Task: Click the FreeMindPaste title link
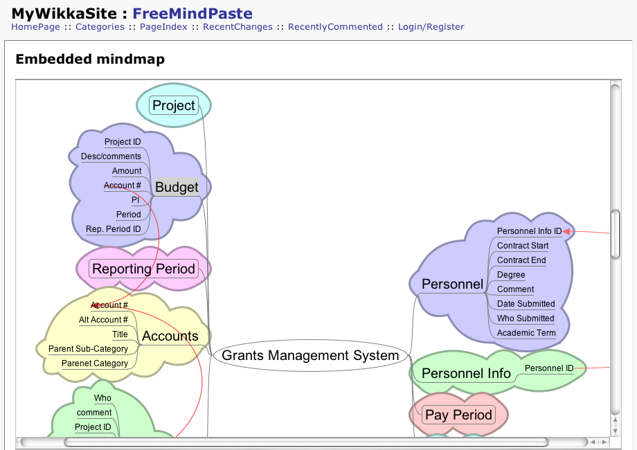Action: click(x=192, y=13)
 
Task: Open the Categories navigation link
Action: click(x=100, y=27)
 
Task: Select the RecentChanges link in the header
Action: click(x=237, y=27)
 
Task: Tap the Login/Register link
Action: click(x=431, y=27)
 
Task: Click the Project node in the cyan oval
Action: click(x=174, y=105)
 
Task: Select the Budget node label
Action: click(x=177, y=187)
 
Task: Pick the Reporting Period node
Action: click(x=144, y=269)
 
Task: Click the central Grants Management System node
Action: click(x=311, y=356)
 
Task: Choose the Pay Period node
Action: click(x=458, y=415)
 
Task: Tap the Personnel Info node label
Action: click(x=466, y=373)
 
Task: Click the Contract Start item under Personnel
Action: click(x=523, y=246)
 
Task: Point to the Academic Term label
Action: click(x=526, y=333)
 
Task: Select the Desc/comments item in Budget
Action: click(x=111, y=156)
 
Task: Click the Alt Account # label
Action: click(x=103, y=320)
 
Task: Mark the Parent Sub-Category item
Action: click(x=88, y=349)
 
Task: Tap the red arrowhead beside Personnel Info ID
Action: click(x=566, y=231)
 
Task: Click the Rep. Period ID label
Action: click(x=114, y=229)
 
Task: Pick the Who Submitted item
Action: click(x=526, y=318)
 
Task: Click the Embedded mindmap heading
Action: click(x=90, y=60)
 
